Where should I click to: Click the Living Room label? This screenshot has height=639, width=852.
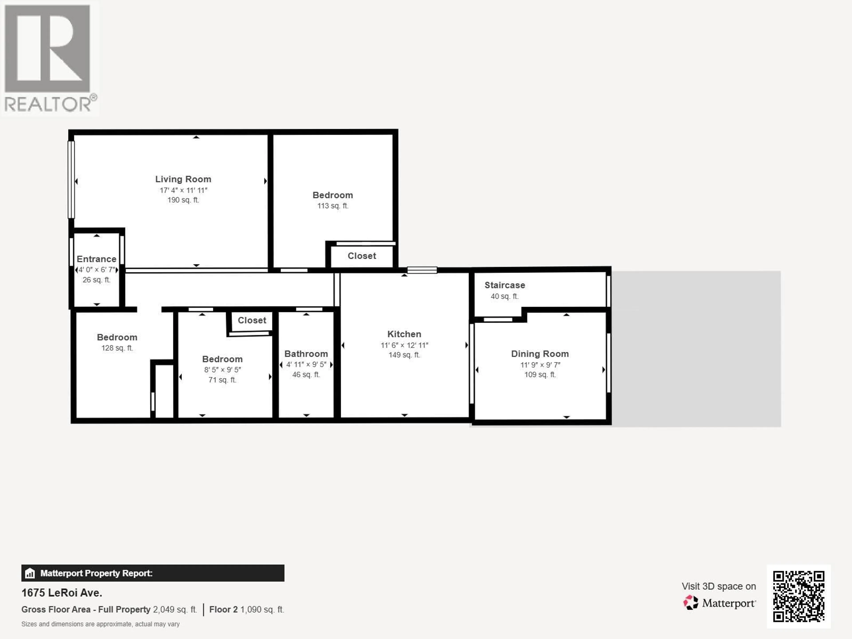[183, 179]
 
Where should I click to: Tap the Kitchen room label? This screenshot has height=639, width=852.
[404, 334]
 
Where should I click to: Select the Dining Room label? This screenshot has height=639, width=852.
[540, 354]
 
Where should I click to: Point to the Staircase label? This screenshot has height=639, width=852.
[505, 285]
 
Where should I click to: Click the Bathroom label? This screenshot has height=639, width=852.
[306, 354]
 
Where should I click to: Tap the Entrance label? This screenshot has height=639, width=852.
[96, 259]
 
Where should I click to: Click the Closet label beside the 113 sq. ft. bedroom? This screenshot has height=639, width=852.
[362, 256]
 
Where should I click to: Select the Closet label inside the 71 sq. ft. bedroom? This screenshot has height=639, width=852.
[252, 320]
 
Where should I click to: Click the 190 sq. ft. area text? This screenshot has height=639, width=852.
[183, 200]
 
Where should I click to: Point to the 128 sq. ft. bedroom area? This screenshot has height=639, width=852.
[117, 348]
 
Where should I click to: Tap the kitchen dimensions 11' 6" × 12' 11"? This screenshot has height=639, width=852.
[404, 345]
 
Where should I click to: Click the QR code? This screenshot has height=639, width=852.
[799, 596]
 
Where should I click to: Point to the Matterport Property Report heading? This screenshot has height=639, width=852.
[96, 573]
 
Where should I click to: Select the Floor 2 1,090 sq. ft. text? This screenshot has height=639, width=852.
[247, 609]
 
